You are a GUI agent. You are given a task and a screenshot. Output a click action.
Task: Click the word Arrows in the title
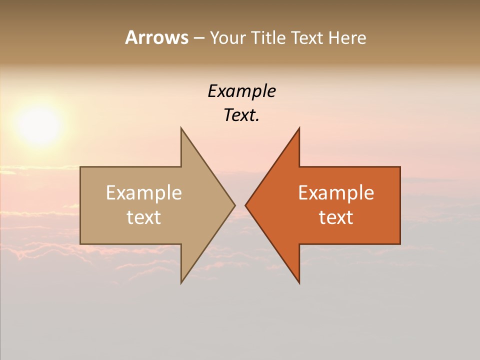coord(156,37)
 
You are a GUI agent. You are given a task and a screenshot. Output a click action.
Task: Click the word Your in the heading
coord(228,37)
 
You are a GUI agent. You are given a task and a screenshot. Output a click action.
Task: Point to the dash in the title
coord(198,38)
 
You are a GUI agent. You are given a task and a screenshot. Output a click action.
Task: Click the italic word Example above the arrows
coord(241,91)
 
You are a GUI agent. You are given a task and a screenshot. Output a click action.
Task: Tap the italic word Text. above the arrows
coord(241,115)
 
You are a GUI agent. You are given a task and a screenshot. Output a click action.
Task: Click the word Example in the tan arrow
coord(143,193)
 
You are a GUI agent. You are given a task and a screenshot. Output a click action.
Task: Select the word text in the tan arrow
coord(143,217)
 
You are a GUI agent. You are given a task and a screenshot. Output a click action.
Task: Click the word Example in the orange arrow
coord(336,193)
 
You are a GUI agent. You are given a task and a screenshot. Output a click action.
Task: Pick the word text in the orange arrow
coord(336,217)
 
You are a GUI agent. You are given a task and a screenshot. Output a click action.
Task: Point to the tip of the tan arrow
coord(234,205)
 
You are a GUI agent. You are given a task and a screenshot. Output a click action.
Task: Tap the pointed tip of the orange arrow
coord(246,205)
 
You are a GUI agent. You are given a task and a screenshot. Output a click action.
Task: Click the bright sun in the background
coord(39,125)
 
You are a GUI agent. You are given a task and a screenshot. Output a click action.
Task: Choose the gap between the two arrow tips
coord(240,205)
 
